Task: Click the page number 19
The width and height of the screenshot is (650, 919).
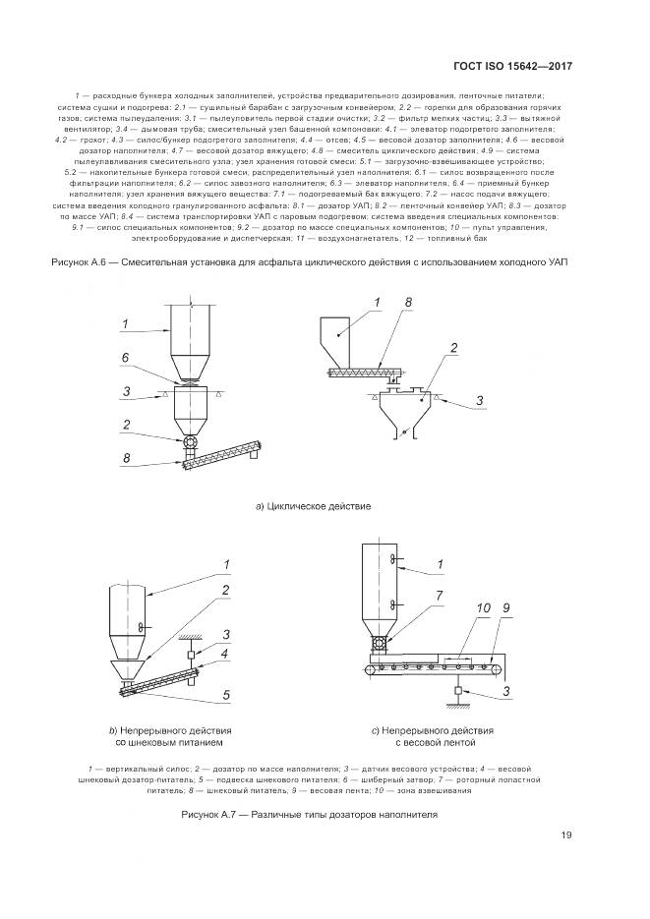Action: click(566, 835)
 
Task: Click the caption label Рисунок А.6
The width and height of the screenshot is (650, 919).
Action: click(82, 262)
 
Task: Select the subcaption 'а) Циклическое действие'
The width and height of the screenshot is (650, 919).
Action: click(312, 506)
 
